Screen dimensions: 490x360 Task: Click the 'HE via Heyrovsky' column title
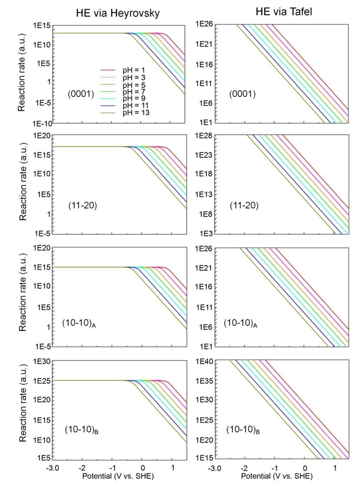pos(115,13)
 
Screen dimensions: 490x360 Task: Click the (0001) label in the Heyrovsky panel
pos(81,93)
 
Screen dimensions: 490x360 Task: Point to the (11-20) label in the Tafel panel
pos(244,205)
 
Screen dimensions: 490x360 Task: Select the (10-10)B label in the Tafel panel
pos(243,430)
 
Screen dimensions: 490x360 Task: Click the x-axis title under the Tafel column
pos(276,476)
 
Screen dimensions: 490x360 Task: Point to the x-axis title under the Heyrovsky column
pos(118,476)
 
